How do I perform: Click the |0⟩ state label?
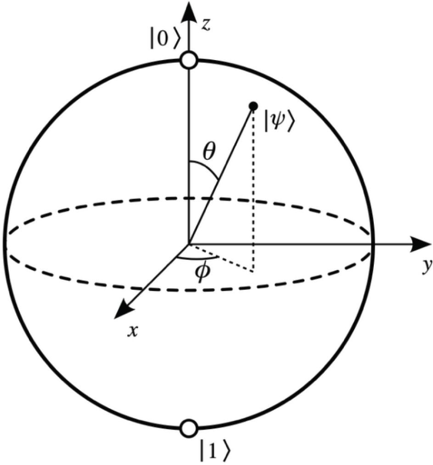coord(164,39)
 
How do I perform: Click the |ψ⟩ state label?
coord(279,123)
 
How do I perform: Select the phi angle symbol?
coord(202,272)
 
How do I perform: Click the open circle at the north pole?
coord(189,61)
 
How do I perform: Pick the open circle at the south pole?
coord(189,429)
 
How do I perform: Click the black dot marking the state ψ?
coord(253,106)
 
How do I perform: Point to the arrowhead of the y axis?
coord(421,244)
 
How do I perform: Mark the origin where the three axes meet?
coord(188,245)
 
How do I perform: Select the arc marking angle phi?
coord(197,258)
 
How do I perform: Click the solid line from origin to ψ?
coord(221,175)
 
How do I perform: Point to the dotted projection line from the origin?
coord(221,258)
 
